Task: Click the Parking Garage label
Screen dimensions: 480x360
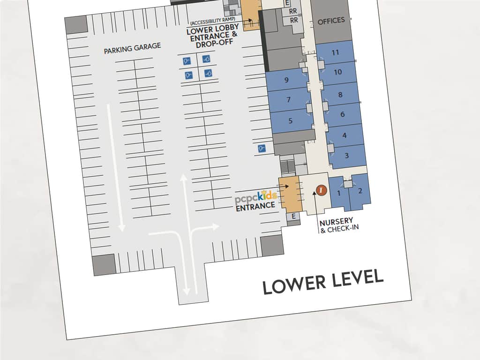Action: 132,48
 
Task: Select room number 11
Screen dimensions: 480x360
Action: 335,52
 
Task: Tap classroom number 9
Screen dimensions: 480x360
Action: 286,80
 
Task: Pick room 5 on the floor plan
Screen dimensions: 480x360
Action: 290,120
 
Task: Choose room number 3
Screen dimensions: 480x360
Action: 346,156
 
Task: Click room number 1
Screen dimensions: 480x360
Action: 339,193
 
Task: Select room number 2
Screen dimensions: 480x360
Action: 360,191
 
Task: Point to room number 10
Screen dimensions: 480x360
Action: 337,72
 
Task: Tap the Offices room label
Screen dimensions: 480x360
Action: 331,21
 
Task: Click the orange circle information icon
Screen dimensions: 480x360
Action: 321,190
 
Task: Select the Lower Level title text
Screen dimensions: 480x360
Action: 323,282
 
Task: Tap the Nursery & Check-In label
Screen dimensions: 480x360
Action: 338,225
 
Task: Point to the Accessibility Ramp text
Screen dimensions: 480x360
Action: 213,21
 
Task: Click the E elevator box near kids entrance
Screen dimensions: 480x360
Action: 293,217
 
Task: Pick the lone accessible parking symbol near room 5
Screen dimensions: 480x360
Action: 262,149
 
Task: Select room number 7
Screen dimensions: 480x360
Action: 288,99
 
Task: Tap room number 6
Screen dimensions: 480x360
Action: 343,114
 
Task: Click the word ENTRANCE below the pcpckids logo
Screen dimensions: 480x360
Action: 255,206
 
